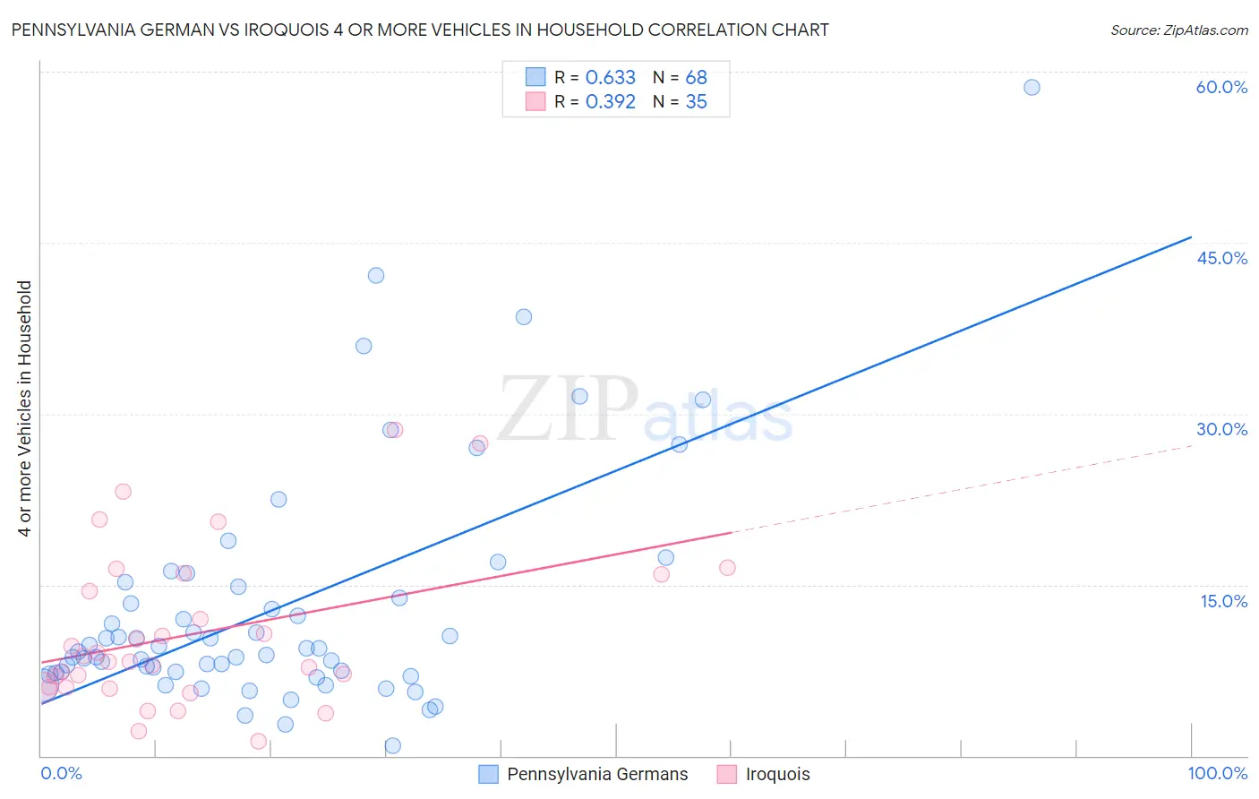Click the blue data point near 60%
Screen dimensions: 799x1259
1032,87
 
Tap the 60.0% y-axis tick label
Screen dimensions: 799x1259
1221,87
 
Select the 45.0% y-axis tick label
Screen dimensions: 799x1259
1221,258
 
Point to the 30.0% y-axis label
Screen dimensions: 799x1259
1221,429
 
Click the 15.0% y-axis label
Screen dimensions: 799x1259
1223,601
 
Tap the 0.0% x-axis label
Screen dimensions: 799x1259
61,773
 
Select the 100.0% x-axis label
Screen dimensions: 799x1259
1217,773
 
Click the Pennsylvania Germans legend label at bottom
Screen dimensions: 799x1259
597,774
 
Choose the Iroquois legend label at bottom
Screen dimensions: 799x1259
777,774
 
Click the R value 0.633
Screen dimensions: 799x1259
610,78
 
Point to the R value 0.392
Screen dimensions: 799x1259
610,102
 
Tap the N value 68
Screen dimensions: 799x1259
696,78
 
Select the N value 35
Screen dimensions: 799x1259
696,102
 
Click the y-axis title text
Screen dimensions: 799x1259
25,408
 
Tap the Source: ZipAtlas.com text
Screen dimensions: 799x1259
1178,30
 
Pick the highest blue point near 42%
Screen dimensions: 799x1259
376,275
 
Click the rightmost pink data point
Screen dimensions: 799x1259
727,567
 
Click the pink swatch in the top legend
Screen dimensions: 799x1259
535,101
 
